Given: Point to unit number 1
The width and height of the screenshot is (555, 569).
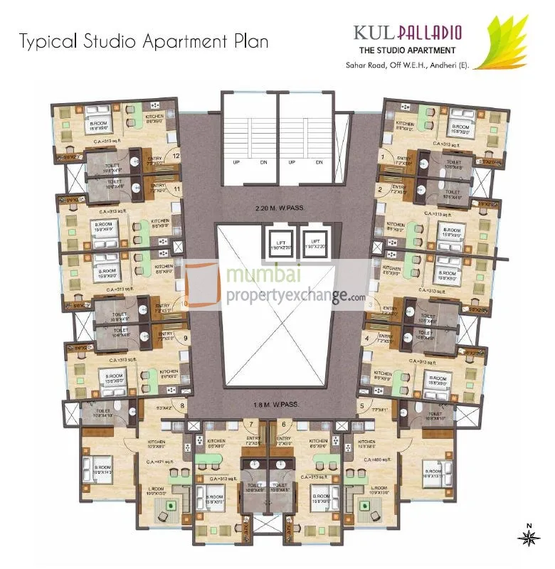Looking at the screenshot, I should pos(383,156).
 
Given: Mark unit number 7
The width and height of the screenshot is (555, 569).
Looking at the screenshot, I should pos(251,425).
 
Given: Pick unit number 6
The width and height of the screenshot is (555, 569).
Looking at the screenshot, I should pos(284,425).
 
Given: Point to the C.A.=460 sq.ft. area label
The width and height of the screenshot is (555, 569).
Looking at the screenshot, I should pos(376,460).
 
